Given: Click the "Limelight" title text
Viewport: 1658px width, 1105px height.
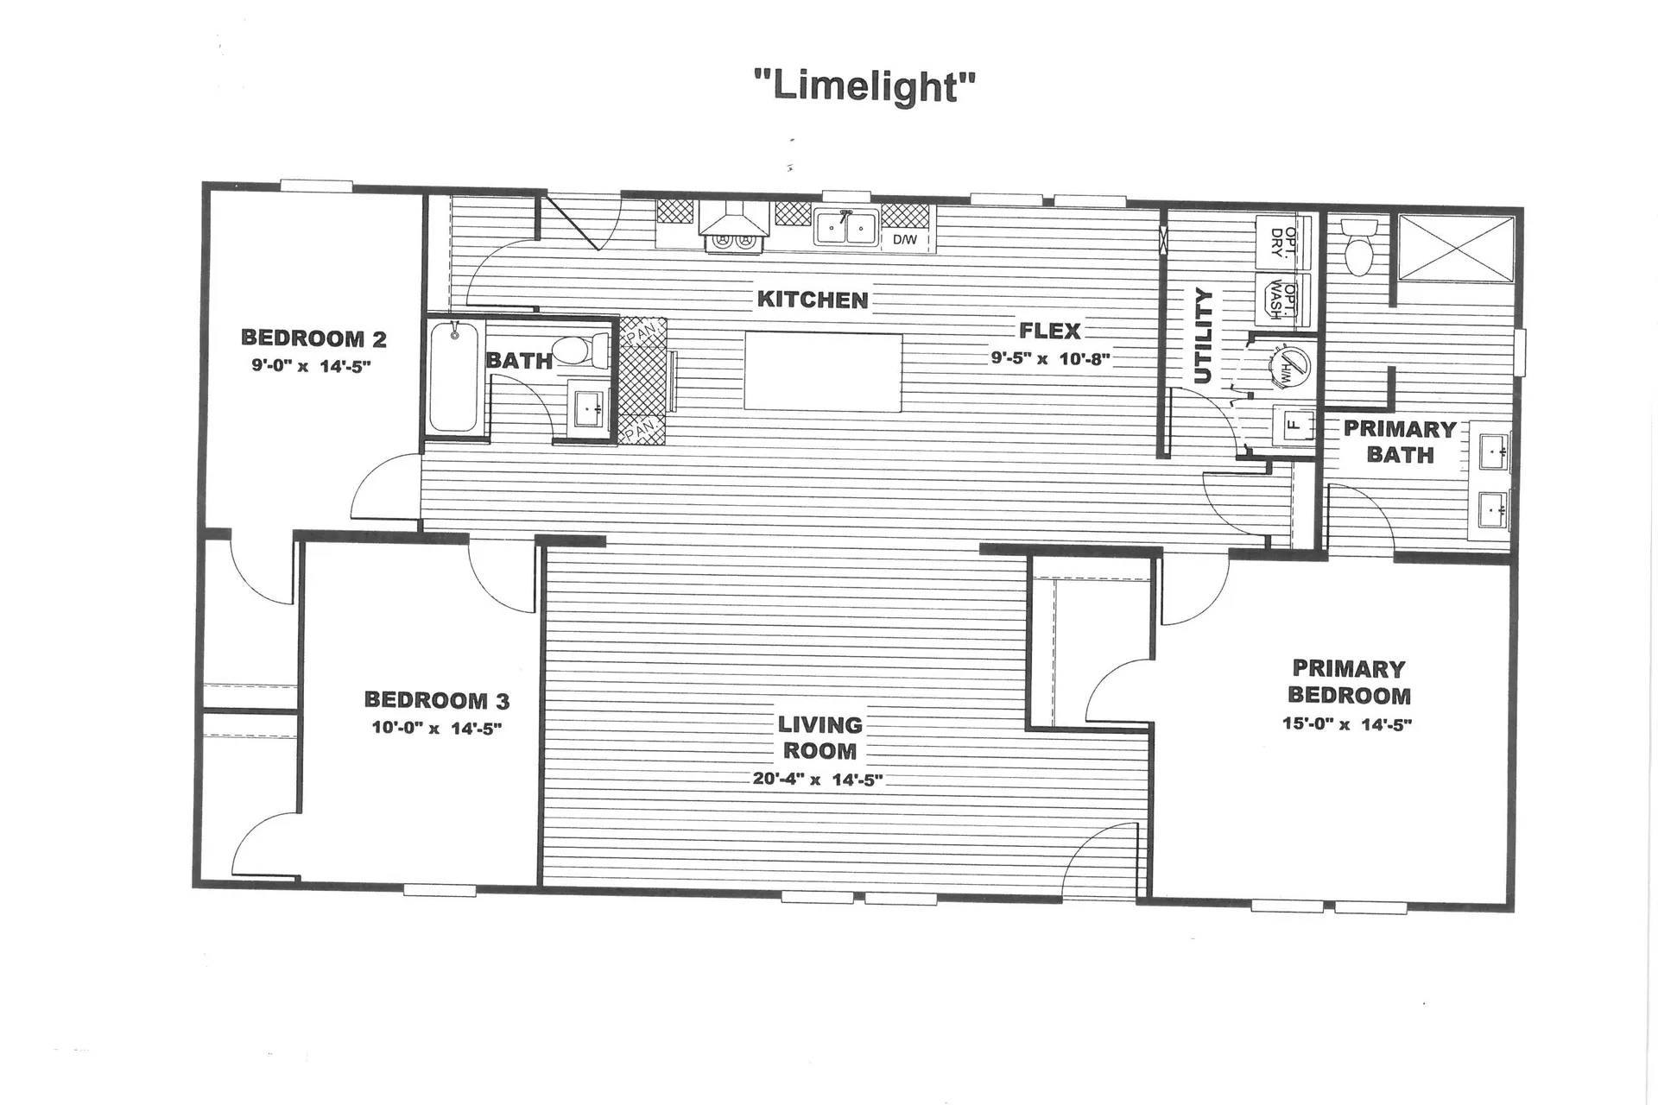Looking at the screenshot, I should [x=864, y=86].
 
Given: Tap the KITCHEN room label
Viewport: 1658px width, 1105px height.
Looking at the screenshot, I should [x=812, y=300].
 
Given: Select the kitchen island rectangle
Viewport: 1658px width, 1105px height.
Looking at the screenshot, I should [x=823, y=372].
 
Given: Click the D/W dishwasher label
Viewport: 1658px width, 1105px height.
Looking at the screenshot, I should [x=905, y=240].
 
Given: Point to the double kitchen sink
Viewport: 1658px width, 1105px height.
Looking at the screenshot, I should [x=846, y=229].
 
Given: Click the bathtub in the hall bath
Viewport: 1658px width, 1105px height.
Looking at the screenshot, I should [x=454, y=377].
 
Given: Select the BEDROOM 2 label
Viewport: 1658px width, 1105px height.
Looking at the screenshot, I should [x=313, y=338].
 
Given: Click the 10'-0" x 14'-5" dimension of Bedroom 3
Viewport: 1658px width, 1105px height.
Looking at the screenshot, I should [x=436, y=728].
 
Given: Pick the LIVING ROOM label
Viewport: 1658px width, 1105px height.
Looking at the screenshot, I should [x=820, y=737].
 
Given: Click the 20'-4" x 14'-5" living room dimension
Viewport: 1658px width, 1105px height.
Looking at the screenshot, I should [x=817, y=779].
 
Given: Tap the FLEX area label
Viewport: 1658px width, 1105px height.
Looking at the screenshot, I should [x=1049, y=331].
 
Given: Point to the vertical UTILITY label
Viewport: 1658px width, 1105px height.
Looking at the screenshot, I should [x=1203, y=337].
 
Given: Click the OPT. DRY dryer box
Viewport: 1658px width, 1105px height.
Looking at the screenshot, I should [x=1283, y=243].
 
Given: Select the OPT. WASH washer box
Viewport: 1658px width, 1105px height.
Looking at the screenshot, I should [x=1283, y=300].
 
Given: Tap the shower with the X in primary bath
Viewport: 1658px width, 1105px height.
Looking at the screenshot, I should [x=1456, y=248].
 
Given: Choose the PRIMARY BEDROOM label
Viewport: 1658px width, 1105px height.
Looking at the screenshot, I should [x=1348, y=682].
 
